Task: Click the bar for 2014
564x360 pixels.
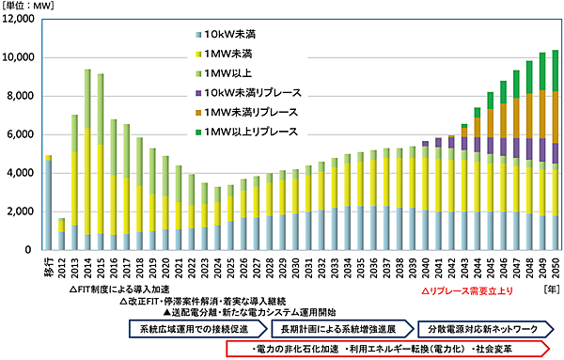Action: click(x=87, y=160)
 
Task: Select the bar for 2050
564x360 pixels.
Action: click(x=556, y=150)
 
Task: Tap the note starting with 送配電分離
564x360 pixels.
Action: click(x=244, y=312)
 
